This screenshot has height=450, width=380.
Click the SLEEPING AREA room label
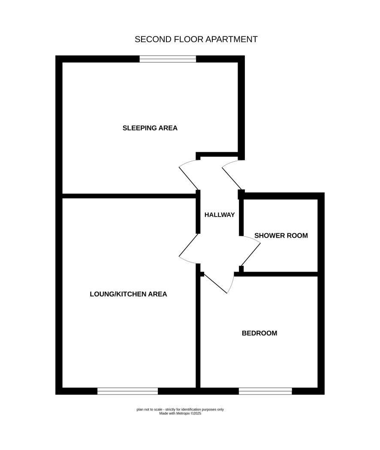(150, 128)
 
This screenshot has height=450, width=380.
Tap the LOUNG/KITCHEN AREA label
(128, 294)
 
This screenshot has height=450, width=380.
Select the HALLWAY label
(220, 214)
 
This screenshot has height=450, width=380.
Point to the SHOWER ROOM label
(281, 236)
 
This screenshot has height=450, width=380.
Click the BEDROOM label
(259, 333)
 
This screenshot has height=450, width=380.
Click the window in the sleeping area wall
(168, 59)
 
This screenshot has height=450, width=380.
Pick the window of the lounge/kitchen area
(127, 391)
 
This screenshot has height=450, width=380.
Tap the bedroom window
(265, 391)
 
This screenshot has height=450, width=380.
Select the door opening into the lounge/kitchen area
(189, 248)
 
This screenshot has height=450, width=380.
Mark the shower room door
(250, 251)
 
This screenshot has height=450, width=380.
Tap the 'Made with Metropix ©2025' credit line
(180, 414)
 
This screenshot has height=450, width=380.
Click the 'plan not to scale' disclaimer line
(180, 410)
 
